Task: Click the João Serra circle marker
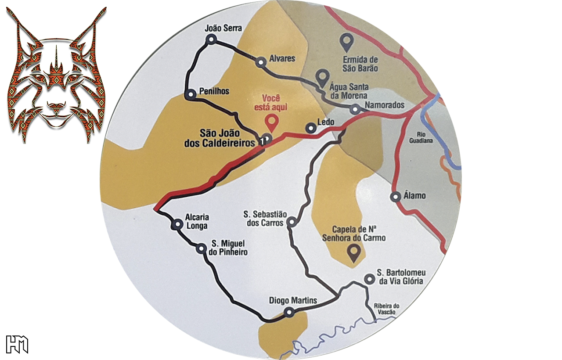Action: click(x=212, y=40)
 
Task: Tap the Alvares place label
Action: click(x=283, y=58)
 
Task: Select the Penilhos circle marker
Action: click(x=191, y=94)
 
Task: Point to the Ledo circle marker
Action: click(x=311, y=129)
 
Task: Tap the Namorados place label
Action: click(x=385, y=105)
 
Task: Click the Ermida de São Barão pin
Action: click(x=347, y=42)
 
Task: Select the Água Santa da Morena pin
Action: click(x=322, y=78)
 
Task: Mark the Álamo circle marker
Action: click(x=396, y=197)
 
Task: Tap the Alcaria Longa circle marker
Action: click(x=178, y=224)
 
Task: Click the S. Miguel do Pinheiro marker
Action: click(x=202, y=249)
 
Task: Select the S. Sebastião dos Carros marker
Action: click(x=291, y=223)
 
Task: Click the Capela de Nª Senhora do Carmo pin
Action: click(x=353, y=252)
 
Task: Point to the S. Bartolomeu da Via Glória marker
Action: click(x=370, y=279)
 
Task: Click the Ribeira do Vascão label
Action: click(x=385, y=309)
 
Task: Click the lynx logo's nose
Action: click(x=57, y=106)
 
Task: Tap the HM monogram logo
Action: click(x=17, y=344)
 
